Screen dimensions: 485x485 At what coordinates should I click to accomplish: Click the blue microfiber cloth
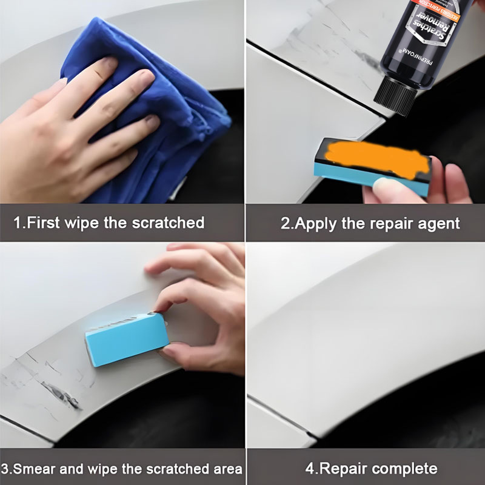tap(182, 103)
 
